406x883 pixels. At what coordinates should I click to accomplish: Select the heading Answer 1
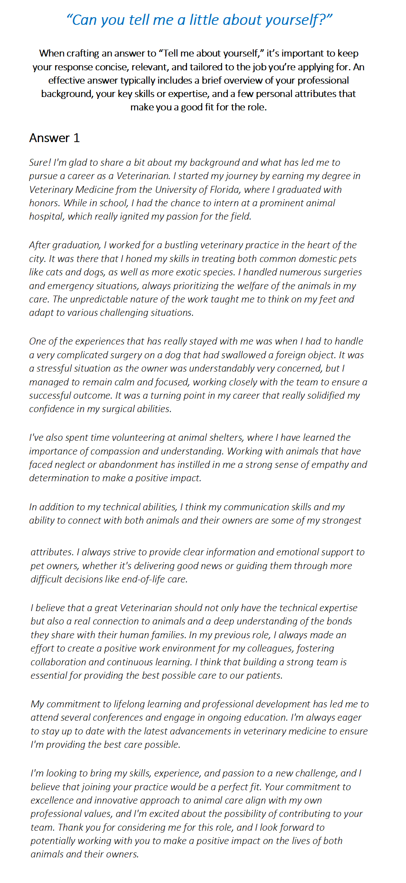(x=55, y=138)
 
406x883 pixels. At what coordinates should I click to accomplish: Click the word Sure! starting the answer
(x=40, y=163)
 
